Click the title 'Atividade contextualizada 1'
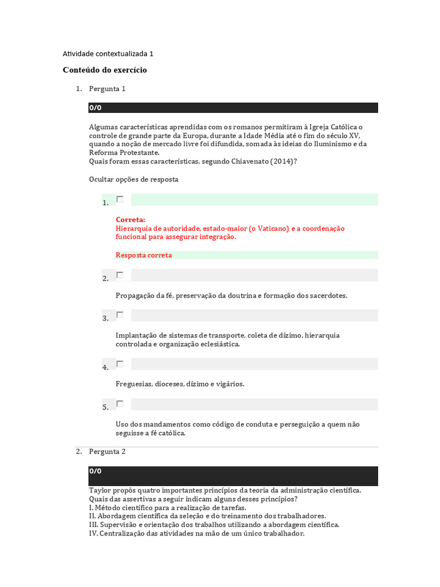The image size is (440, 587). tap(108, 54)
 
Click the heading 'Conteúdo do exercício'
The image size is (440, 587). tap(105, 70)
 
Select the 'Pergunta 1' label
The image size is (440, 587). tap(107, 89)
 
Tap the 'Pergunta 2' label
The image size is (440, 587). tap(107, 452)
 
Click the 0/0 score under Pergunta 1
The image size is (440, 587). tap(95, 108)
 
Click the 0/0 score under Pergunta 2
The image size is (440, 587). tap(95, 471)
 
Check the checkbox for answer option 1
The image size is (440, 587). tap(120, 199)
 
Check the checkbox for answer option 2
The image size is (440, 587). tap(120, 275)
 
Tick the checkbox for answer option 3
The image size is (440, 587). tap(120, 315)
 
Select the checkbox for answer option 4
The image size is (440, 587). tap(120, 363)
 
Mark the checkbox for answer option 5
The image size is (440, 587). tap(120, 404)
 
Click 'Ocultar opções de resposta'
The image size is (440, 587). tap(133, 179)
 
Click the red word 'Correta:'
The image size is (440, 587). tap(131, 220)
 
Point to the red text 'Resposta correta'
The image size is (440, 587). tap(144, 255)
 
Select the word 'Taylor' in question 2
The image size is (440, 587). tap(99, 491)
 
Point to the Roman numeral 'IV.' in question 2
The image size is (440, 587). tap(93, 534)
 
